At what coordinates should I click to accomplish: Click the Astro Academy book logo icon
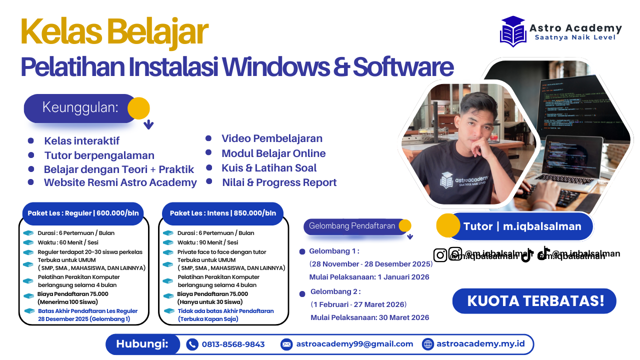click(513, 31)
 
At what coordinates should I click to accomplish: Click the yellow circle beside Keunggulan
click(138, 108)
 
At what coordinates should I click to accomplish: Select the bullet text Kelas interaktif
click(81, 141)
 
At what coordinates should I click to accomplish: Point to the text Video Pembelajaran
click(271, 138)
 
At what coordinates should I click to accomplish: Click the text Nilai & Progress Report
click(279, 182)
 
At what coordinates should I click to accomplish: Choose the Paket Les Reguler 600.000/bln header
click(82, 213)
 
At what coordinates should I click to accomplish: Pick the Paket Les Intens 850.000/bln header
click(222, 213)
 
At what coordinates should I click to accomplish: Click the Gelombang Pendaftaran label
click(352, 226)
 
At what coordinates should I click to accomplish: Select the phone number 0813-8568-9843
click(233, 344)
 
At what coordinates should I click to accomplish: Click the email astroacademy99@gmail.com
click(354, 344)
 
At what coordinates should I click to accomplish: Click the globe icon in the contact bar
click(428, 344)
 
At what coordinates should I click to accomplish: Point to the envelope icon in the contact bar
click(286, 344)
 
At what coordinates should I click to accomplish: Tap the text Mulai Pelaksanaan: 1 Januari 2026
click(369, 277)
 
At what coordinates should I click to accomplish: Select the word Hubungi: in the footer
click(141, 344)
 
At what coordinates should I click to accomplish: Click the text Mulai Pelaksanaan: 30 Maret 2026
click(369, 317)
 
